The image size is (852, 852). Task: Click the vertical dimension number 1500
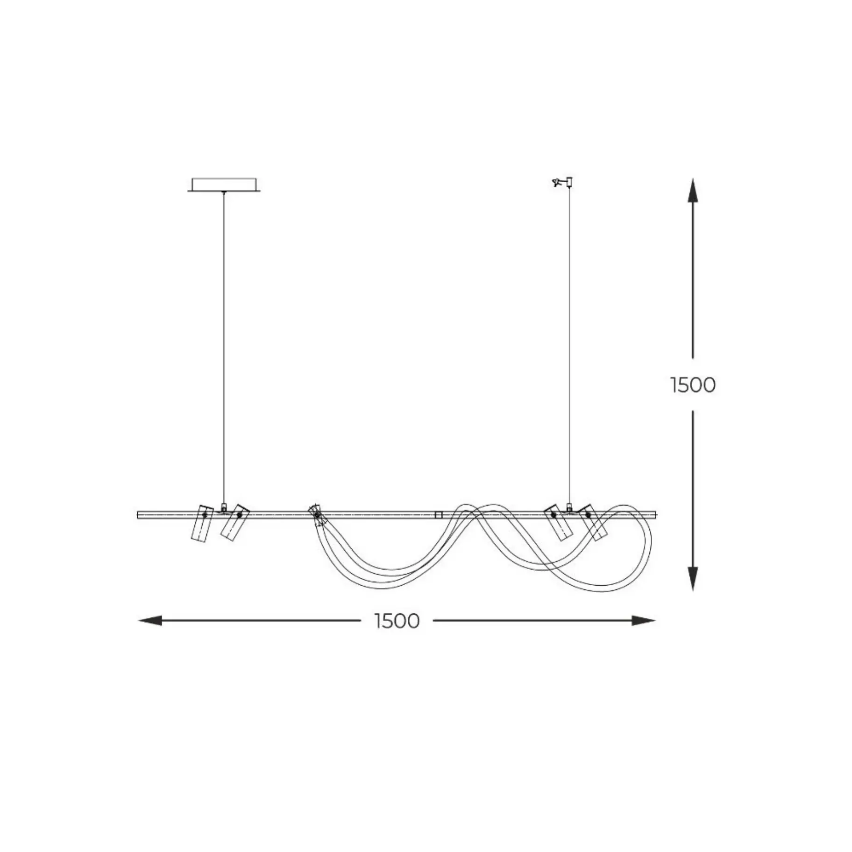click(x=693, y=385)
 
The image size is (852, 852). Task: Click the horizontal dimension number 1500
click(x=397, y=621)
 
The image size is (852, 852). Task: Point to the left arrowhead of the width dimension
click(x=150, y=621)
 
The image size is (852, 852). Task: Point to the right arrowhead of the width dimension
click(x=644, y=621)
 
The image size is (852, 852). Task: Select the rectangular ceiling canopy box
click(x=224, y=184)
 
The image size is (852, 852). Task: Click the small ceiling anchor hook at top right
click(x=562, y=182)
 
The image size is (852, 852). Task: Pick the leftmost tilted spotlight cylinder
click(x=202, y=523)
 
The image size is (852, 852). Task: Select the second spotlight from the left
click(x=234, y=522)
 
